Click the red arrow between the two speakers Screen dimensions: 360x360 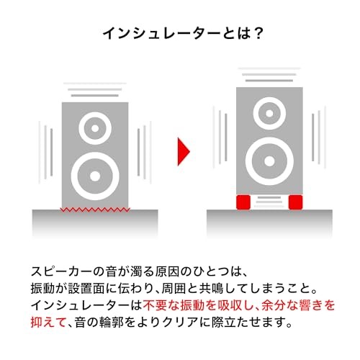point(184,151)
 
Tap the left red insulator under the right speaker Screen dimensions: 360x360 point(243,202)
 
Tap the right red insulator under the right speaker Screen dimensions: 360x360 point(295,202)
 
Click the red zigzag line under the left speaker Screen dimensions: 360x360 point(95,210)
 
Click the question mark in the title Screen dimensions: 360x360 point(258,33)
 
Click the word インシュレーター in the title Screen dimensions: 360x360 point(161,33)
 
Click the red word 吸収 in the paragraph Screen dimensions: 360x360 point(229,305)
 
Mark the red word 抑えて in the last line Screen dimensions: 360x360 point(48,322)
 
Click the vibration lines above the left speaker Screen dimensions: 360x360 point(95,89)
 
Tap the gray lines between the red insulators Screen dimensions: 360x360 point(269,202)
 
